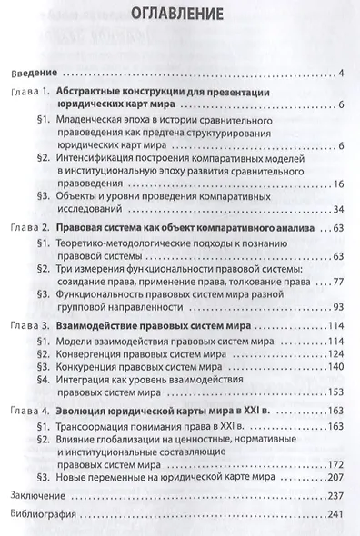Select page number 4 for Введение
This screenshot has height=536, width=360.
point(338,73)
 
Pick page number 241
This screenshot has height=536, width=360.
point(332,518)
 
